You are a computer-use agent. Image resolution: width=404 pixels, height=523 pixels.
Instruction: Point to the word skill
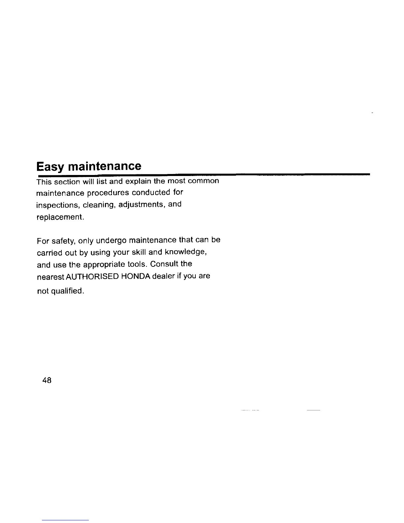coord(136,253)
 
